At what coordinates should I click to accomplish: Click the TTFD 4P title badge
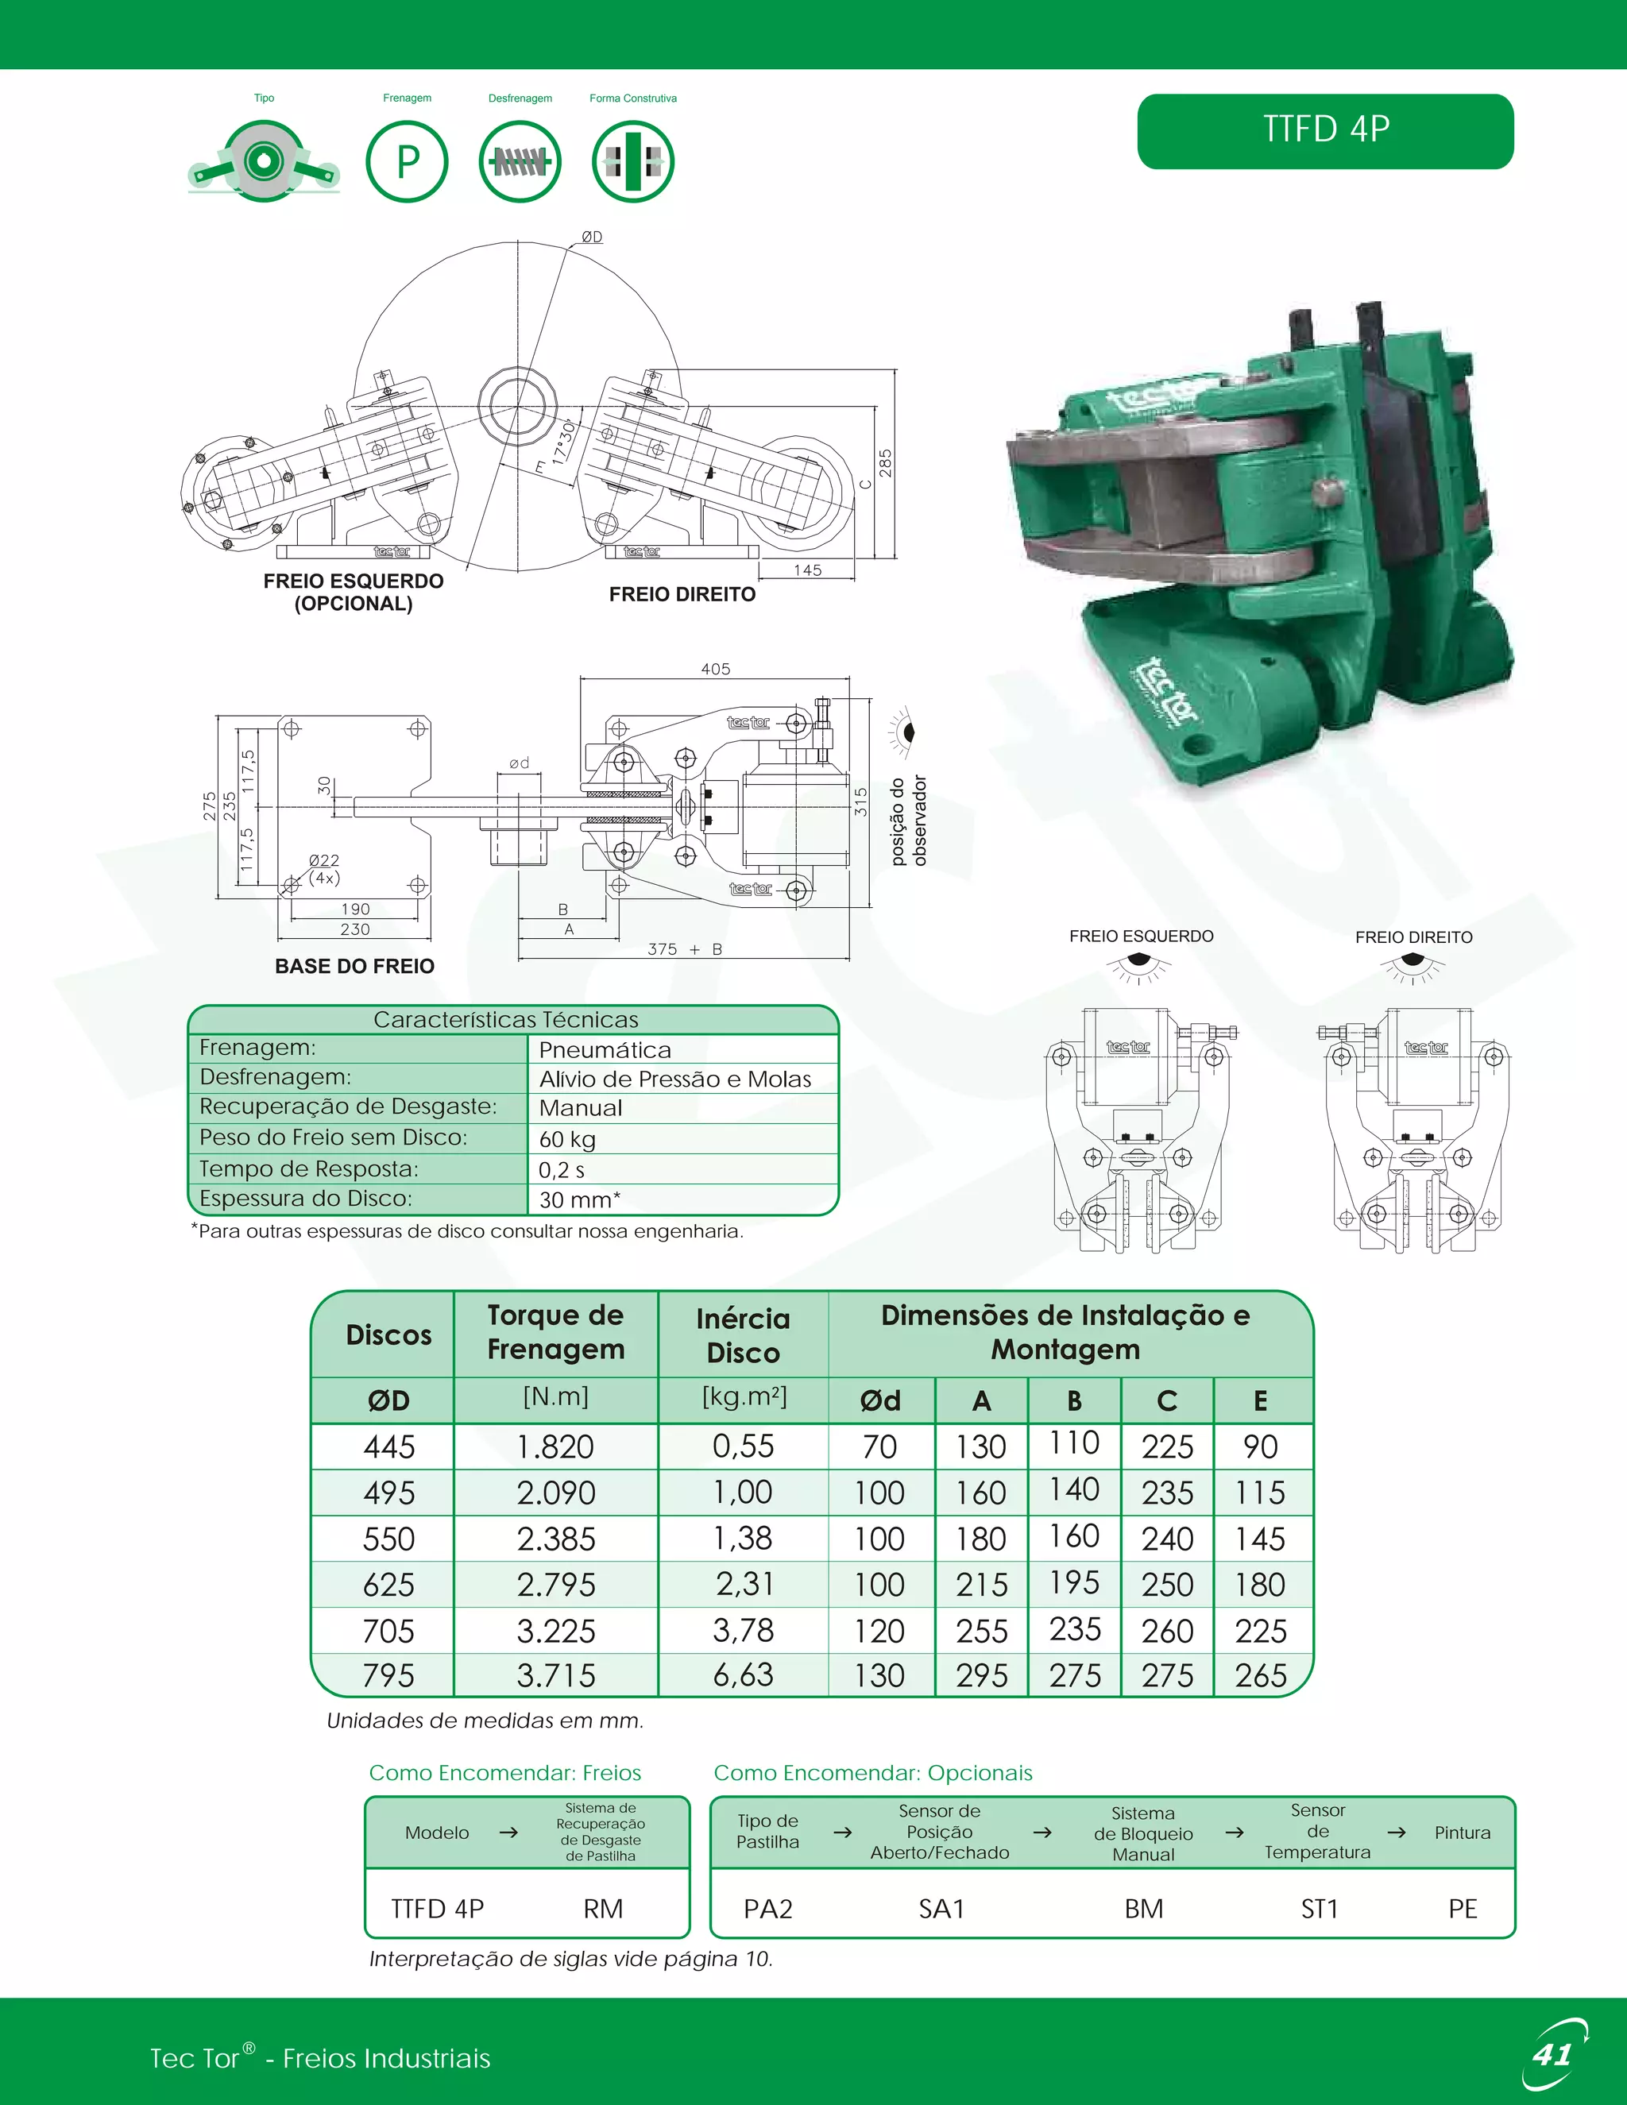1324,131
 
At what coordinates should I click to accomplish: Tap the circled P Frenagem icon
407,161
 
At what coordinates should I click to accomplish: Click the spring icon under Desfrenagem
520,161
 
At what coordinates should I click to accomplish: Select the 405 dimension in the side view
715,669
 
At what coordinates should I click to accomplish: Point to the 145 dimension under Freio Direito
807,570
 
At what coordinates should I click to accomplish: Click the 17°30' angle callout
563,442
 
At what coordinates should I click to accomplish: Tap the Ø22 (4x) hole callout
324,868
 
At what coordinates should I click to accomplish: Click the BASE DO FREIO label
354,966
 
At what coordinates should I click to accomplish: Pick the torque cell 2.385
555,1539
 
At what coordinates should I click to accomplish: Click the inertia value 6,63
742,1675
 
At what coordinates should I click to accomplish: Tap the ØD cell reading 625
388,1585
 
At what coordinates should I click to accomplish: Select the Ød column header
880,1400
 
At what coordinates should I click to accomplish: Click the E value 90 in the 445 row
1260,1446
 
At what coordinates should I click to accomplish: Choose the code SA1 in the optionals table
941,1908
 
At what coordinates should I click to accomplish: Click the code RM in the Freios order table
604,1908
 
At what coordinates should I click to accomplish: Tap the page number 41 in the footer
1551,2054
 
